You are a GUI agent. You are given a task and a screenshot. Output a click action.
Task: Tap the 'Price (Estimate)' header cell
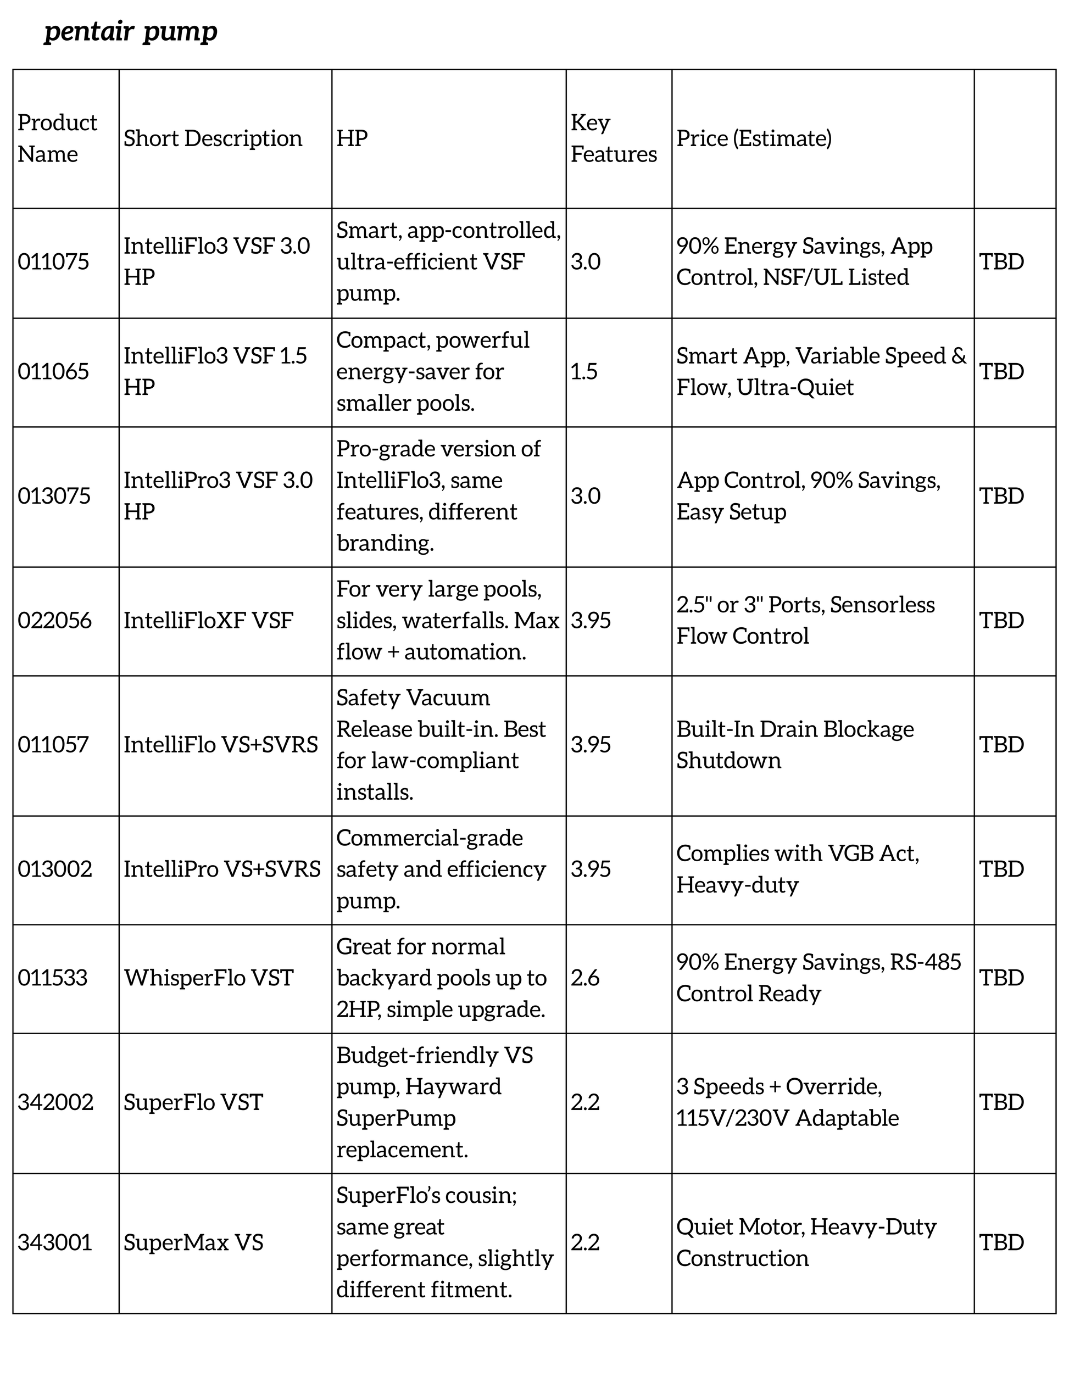[x=754, y=138]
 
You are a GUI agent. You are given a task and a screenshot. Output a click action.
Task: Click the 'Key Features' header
[x=613, y=138]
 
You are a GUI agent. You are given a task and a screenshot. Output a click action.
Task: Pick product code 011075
[x=54, y=261]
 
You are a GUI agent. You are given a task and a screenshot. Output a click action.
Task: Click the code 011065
[x=54, y=371]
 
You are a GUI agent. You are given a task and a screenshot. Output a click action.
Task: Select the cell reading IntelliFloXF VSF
[x=208, y=620]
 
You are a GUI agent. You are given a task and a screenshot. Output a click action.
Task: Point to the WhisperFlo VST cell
[x=208, y=978]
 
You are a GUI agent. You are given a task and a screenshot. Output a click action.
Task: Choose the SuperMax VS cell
[x=193, y=1242]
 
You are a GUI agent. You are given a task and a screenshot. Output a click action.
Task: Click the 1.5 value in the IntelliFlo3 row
[x=584, y=371]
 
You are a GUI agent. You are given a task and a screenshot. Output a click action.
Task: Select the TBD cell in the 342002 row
[x=1001, y=1102]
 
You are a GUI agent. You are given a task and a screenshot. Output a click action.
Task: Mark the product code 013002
[x=55, y=869]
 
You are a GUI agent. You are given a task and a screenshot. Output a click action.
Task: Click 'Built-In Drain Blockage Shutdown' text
[x=795, y=745]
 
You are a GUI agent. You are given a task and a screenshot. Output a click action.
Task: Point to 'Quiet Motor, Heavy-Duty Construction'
[x=805, y=1242]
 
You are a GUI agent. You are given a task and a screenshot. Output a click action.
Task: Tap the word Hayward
[x=453, y=1086]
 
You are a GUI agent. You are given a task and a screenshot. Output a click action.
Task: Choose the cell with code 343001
[x=55, y=1242]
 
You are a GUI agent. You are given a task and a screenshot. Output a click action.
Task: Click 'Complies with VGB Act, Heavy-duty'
[x=797, y=869]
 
